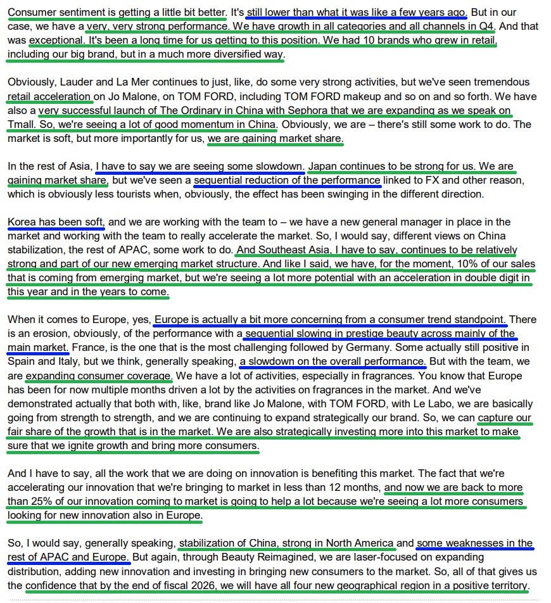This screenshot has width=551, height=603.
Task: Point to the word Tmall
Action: pos(22,124)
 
